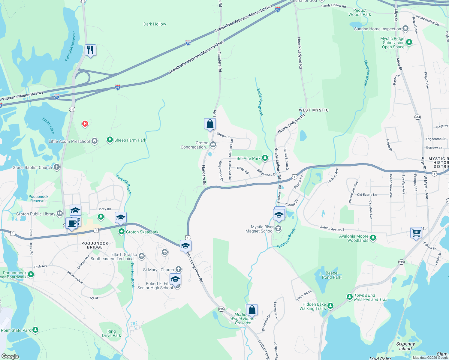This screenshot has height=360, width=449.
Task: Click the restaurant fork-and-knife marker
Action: click(90, 50)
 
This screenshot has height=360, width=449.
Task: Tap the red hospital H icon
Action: click(85, 124)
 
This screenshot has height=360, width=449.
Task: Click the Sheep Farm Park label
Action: click(130, 140)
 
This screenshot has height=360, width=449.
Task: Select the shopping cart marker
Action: click(416, 232)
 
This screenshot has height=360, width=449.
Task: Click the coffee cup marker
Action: click(72, 223)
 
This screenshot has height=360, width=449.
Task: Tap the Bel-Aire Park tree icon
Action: click(265, 158)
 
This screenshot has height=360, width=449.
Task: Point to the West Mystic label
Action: click(314, 110)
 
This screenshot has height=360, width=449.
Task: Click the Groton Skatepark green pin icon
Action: click(121, 232)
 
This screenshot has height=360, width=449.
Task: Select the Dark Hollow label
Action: click(155, 24)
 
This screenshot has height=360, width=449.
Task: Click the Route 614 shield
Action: click(417, 117)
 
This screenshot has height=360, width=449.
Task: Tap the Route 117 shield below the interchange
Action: click(72, 109)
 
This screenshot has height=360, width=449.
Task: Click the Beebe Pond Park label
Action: click(331, 275)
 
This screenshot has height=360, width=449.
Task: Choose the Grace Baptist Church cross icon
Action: click(57, 167)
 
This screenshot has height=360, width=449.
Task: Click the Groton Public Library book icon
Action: click(60, 214)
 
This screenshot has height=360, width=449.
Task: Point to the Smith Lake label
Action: click(48, 125)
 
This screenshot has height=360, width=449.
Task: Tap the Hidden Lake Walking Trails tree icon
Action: click(330, 306)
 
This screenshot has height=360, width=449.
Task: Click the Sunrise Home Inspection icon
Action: click(405, 28)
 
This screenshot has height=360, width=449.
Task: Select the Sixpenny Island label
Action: click(405, 346)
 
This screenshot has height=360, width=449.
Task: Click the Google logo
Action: click(10, 356)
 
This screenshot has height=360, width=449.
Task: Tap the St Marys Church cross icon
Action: click(179, 269)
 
